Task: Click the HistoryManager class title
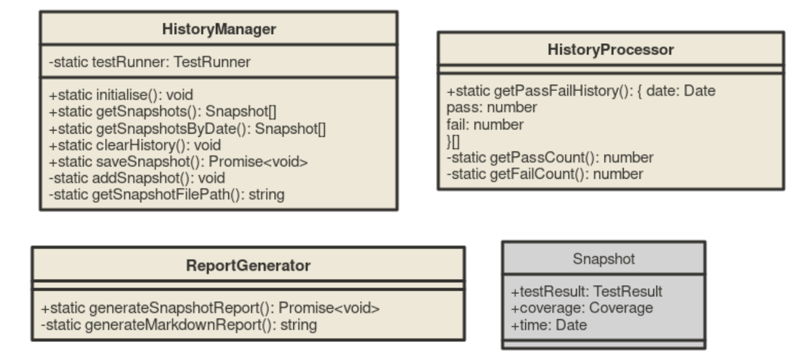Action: [219, 28]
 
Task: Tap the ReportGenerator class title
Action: [248, 265]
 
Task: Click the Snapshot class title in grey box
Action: [603, 259]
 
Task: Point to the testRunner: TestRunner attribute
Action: [150, 62]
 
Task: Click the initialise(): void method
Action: [121, 95]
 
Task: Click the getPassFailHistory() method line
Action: [581, 92]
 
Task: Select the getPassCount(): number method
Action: [550, 157]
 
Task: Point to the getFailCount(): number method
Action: [545, 174]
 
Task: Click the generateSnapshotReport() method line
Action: [210, 307]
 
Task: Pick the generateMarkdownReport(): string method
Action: [179, 324]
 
